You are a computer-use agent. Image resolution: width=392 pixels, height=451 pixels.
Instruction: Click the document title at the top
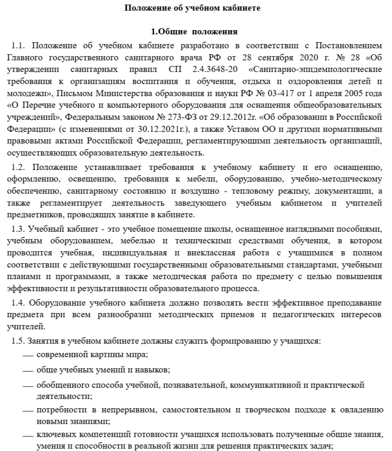pyautogui.click(x=196, y=8)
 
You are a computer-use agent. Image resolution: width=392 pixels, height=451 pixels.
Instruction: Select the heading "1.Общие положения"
pyautogui.click(x=195, y=32)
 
